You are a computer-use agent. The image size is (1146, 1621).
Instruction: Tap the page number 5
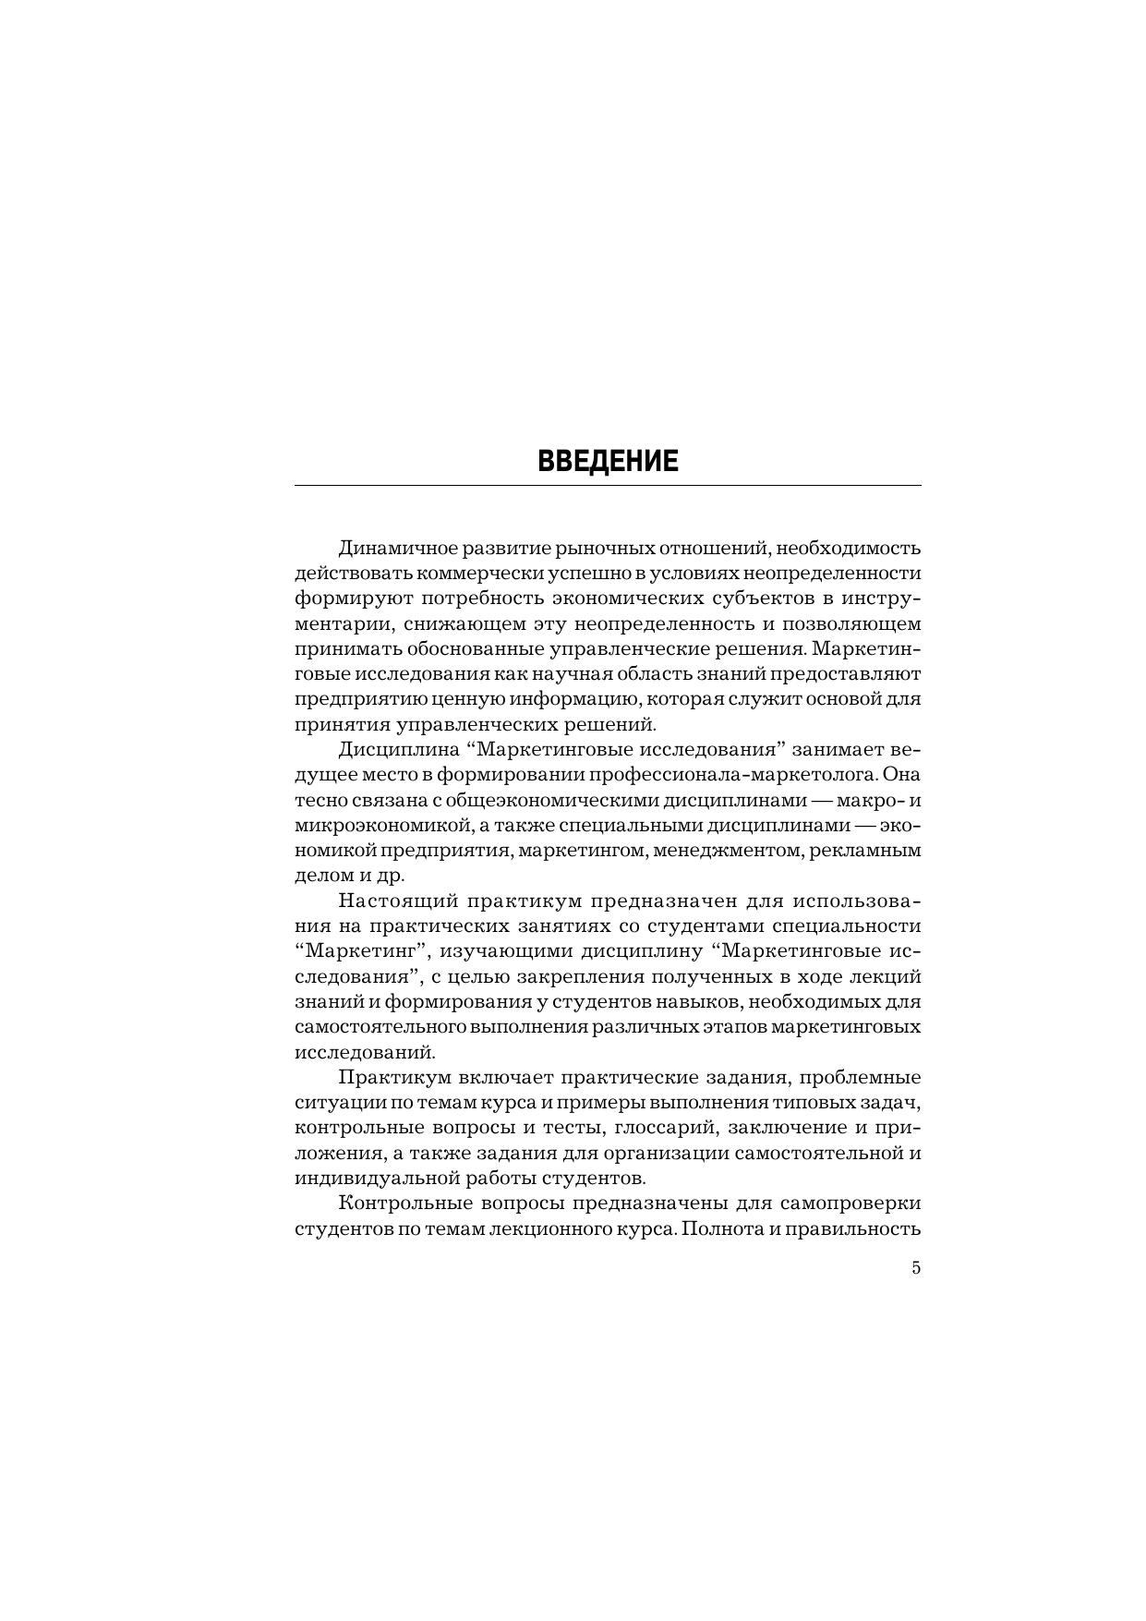915,1268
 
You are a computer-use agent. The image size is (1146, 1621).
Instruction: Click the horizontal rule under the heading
608,485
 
